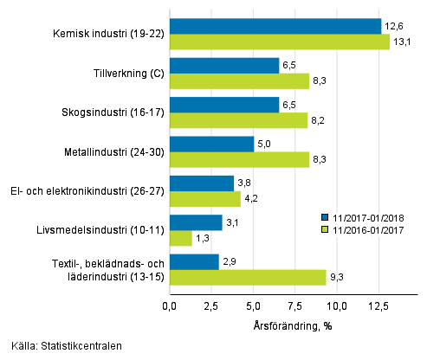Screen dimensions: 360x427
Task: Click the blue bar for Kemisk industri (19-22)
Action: pos(275,26)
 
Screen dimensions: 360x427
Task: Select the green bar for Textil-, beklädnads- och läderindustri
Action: pos(247,277)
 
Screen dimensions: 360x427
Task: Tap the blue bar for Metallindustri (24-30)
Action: pos(211,144)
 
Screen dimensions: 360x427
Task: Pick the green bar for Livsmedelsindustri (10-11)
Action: pos(180,238)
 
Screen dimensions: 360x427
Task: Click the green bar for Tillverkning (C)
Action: pos(239,81)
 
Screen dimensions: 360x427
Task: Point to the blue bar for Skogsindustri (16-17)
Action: pos(223,105)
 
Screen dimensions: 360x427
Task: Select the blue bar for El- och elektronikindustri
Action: pos(201,183)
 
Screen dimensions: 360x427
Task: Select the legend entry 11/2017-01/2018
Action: pos(368,218)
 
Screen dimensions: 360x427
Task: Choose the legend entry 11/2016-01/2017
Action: pos(368,229)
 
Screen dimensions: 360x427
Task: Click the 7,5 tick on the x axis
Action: pos(295,305)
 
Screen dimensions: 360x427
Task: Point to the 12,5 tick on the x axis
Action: pos(378,305)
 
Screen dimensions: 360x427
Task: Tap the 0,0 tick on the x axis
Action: pos(169,305)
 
